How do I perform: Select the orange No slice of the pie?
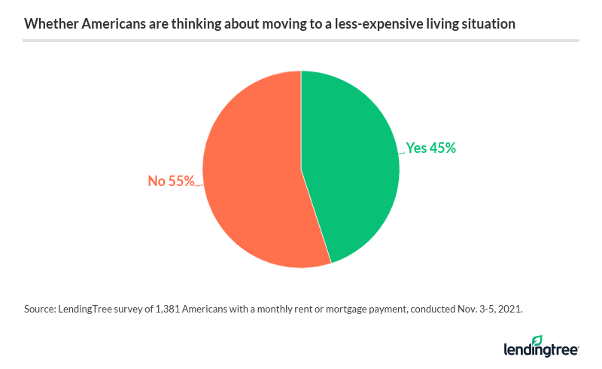point(252,181)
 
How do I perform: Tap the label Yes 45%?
point(430,148)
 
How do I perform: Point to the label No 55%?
point(171,181)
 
